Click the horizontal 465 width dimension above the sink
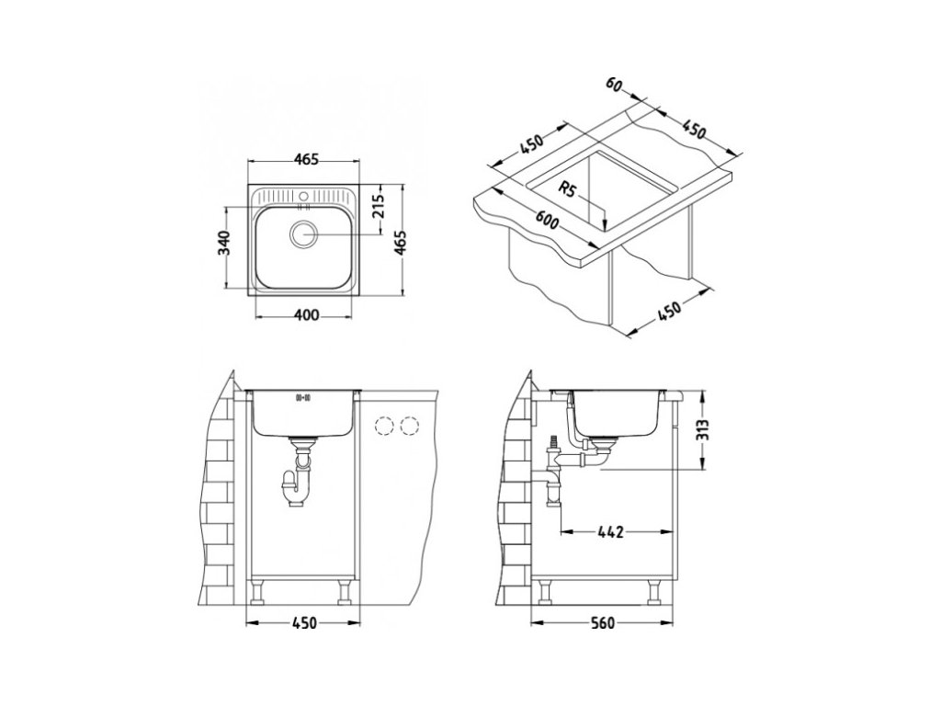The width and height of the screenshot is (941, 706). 305,160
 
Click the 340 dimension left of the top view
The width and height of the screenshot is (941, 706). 224,242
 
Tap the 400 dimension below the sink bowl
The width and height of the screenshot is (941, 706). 307,316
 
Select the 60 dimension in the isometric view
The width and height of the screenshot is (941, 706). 614,85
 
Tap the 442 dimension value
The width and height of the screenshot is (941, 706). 611,531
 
